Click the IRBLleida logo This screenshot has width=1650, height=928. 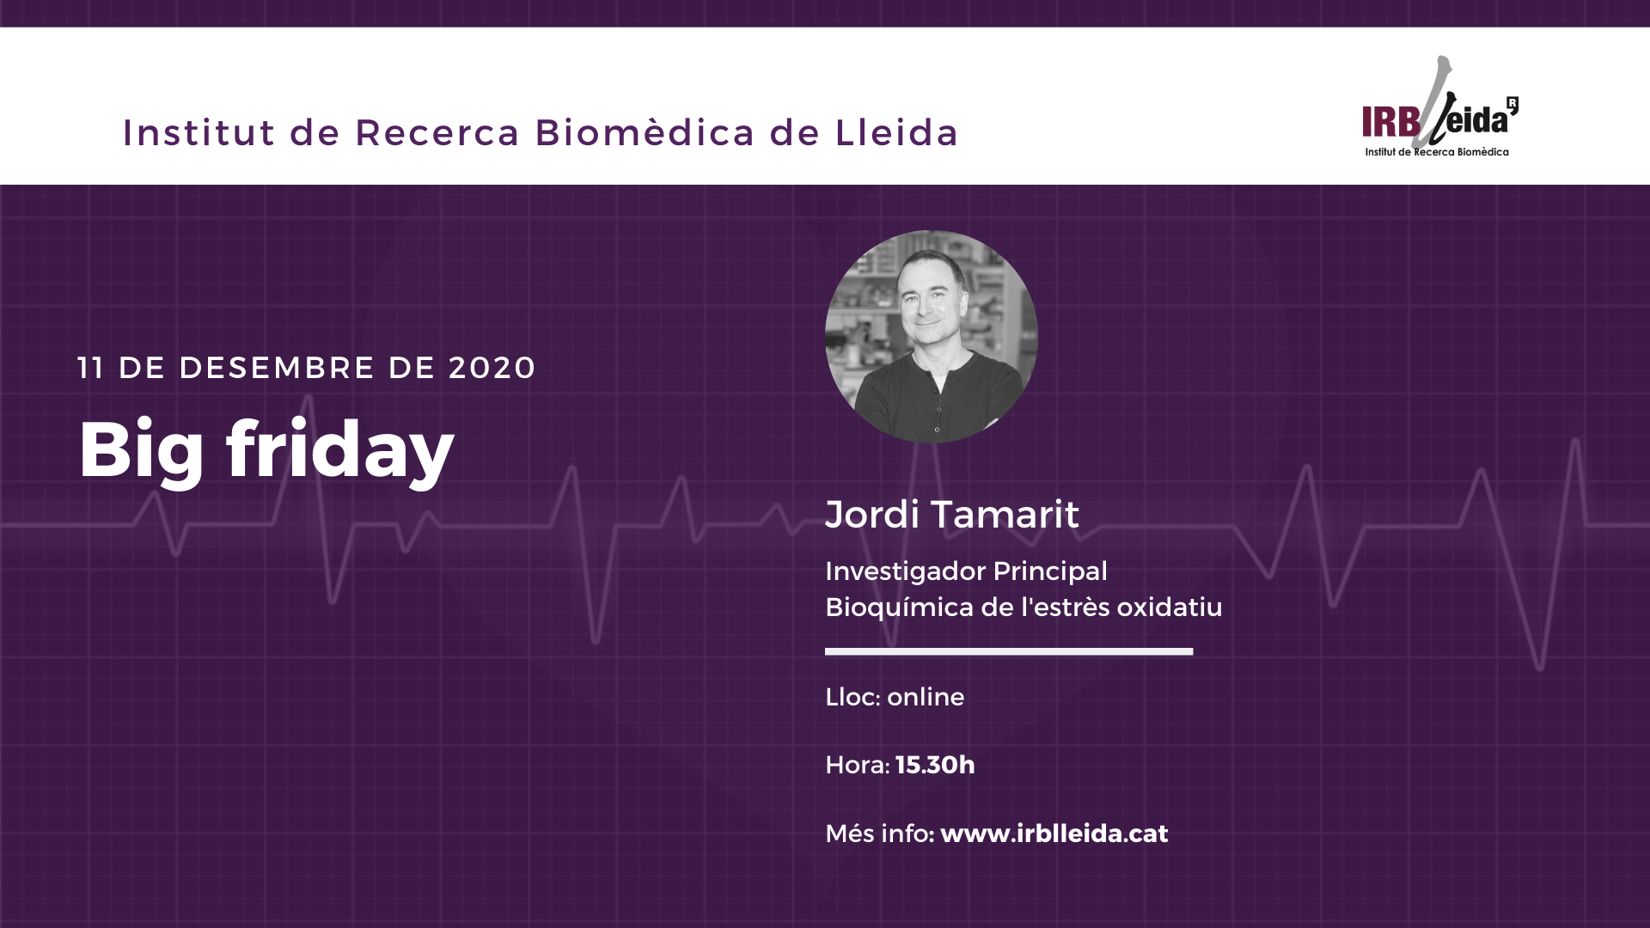point(1439,107)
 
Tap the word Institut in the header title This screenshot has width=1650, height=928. point(199,132)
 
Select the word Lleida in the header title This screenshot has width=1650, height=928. point(896,132)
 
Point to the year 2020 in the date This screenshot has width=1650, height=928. point(492,368)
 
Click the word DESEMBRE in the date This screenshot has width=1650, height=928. point(277,368)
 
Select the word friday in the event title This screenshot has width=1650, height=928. point(340,450)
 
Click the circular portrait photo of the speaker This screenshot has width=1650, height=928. point(932,337)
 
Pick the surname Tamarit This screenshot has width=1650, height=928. point(1005,514)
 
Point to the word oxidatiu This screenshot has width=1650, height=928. point(1170,607)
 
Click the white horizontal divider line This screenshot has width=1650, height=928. point(1009,651)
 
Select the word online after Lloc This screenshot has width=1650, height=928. point(926,697)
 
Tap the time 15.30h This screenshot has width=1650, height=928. point(935,765)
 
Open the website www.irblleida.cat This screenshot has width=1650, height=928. point(1054,833)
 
